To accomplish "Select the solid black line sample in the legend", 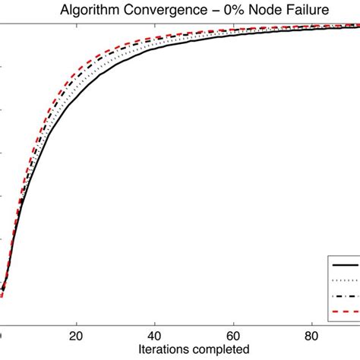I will (x=346, y=264).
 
